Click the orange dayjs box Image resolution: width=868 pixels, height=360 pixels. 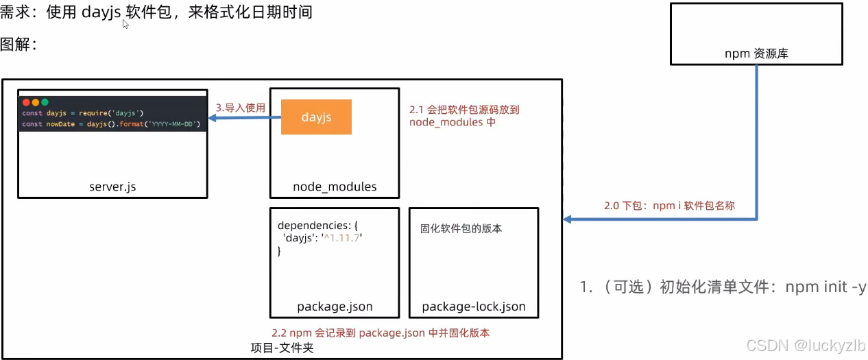[316, 117]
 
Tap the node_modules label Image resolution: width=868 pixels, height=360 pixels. [335, 187]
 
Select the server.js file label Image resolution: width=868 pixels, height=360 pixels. [112, 187]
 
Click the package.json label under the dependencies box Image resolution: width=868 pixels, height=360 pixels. [335, 307]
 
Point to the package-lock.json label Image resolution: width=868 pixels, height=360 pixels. [474, 307]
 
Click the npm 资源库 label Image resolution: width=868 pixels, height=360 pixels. [756, 53]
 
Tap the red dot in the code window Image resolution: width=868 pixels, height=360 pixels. [27, 102]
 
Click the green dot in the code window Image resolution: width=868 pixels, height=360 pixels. [45, 102]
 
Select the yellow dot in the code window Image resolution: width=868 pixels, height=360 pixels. [36, 102]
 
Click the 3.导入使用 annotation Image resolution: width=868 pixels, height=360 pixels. [240, 108]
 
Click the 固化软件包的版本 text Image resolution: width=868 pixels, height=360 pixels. [461, 228]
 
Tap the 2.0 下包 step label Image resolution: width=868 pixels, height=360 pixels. [668, 205]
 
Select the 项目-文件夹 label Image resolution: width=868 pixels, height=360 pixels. [282, 348]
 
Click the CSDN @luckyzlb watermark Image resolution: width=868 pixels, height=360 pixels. [806, 345]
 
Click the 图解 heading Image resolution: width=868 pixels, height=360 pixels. [18, 45]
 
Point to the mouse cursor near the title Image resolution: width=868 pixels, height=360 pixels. [125, 24]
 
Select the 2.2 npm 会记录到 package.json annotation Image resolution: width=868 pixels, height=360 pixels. [380, 333]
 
